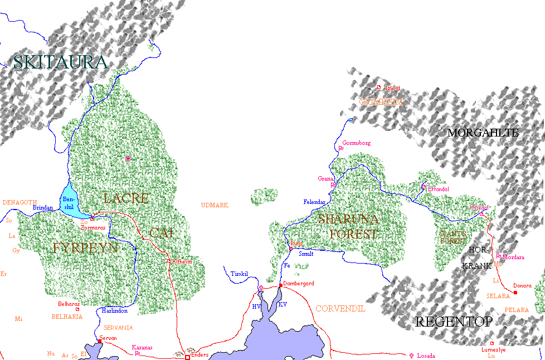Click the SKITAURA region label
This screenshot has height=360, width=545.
click(x=60, y=62)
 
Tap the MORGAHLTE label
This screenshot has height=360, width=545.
click(x=483, y=133)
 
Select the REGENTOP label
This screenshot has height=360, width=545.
click(x=454, y=322)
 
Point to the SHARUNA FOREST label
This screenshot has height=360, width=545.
click(x=348, y=226)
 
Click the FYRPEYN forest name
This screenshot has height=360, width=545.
click(x=85, y=248)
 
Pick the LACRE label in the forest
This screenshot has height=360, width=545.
click(x=126, y=198)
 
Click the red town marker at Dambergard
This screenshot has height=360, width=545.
click(x=281, y=286)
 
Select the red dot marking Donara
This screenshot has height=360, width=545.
click(x=515, y=293)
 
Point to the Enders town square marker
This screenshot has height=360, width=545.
click(x=187, y=357)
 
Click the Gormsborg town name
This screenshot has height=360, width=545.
click(x=356, y=143)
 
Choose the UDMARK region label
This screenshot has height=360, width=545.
click(x=215, y=205)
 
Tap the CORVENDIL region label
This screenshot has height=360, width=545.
click(x=340, y=308)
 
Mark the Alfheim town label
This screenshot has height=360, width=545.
click(x=182, y=261)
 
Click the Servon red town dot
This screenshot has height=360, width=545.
click(x=99, y=341)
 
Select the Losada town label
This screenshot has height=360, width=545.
click(x=426, y=356)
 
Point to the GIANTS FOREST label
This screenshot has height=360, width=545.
click(x=452, y=237)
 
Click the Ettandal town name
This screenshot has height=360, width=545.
click(x=438, y=189)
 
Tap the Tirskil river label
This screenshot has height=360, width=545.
click(x=240, y=274)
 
